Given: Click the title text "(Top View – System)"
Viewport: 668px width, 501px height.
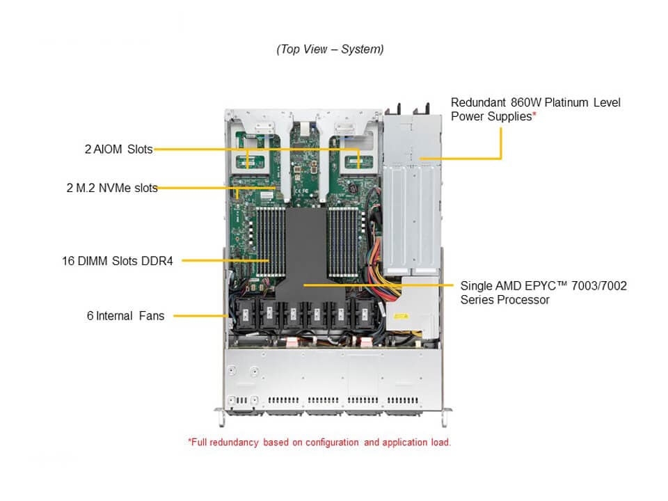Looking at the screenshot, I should coord(330,49).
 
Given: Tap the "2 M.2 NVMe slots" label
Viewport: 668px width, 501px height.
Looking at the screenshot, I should coord(111,187).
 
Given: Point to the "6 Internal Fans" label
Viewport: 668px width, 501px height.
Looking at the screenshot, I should coord(125,316).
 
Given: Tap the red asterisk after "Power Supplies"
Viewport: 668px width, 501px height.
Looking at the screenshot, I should coord(534,116).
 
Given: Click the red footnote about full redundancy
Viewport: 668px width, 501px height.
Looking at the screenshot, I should coord(319,442).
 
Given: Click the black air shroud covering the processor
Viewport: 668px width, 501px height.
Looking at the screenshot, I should coord(304,250).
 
